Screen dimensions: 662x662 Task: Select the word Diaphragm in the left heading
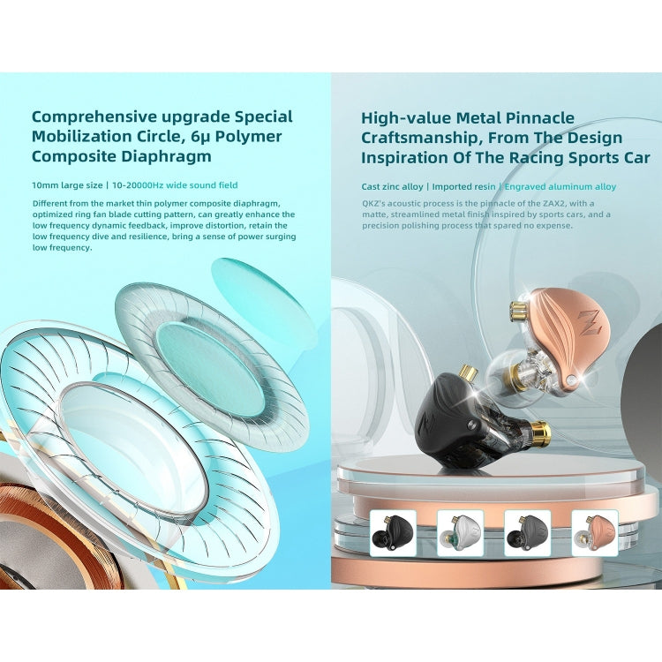[x=166, y=156]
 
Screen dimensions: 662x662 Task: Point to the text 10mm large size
[x=68, y=185]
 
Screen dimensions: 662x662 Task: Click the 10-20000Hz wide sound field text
[x=175, y=185]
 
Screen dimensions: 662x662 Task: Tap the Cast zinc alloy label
[x=392, y=186]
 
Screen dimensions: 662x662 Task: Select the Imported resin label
[x=463, y=186]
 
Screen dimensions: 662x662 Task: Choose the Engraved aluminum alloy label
[x=560, y=186]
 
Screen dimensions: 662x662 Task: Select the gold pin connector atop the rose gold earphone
[x=518, y=312]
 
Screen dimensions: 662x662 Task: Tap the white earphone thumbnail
[x=460, y=533]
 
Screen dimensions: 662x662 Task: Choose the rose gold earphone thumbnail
[x=594, y=533]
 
